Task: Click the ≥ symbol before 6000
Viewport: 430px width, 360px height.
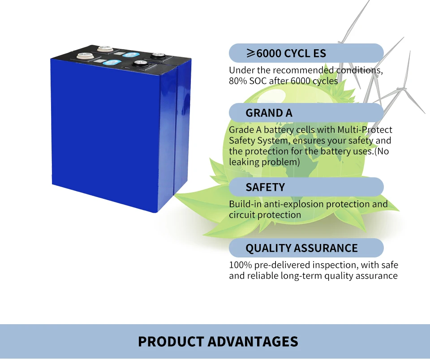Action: coord(250,54)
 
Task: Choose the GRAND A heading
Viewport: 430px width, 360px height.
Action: coord(269,113)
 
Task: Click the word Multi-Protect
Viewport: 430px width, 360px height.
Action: coord(365,130)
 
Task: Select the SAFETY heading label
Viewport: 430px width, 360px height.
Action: coord(265,187)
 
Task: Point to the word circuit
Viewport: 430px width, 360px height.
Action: coord(242,215)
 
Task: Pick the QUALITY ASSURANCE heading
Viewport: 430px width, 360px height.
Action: coord(301,248)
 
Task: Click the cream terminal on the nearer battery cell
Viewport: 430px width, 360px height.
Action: coord(84,56)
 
